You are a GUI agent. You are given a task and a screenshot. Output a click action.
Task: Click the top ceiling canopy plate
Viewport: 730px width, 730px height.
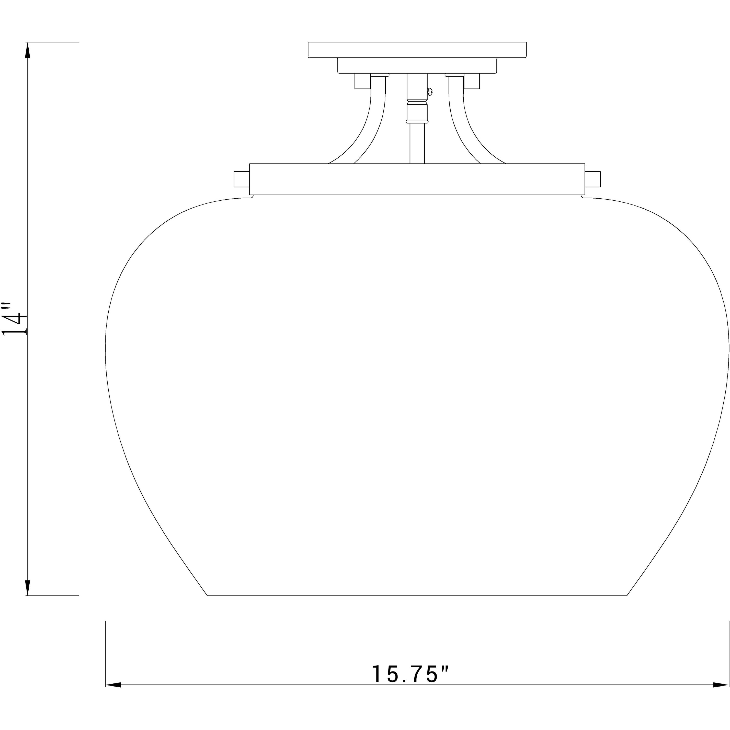point(417,50)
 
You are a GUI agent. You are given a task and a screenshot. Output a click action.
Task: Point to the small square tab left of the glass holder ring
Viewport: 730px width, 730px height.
point(242,179)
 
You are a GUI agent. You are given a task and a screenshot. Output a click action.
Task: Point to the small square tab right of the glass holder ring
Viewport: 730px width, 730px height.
point(592,179)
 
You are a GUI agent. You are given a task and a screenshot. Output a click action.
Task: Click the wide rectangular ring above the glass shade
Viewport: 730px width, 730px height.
point(417,179)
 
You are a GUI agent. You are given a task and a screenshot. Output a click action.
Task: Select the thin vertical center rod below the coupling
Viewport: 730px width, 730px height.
point(417,144)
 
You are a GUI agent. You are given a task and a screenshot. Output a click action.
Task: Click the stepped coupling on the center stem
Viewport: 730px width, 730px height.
point(417,110)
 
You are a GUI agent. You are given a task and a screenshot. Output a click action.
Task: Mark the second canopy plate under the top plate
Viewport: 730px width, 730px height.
point(417,65)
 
